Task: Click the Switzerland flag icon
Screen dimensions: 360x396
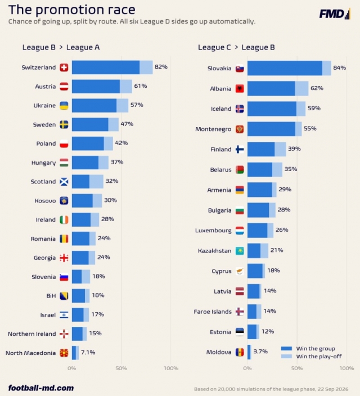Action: (x=64, y=67)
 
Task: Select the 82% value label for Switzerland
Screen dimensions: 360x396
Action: (x=161, y=67)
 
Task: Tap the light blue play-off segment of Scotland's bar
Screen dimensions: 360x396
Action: (x=96, y=181)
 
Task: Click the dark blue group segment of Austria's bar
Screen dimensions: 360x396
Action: (x=96, y=87)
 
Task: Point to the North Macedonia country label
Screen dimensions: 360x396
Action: (x=30, y=353)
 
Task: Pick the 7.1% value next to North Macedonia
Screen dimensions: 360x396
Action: (x=88, y=352)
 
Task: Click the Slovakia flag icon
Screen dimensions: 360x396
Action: (x=240, y=68)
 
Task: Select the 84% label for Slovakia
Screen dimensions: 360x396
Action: (x=340, y=67)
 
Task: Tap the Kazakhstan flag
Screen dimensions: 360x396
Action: (x=240, y=251)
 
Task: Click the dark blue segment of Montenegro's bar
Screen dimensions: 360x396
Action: (x=271, y=129)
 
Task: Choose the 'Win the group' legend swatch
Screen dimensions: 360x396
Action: (x=286, y=349)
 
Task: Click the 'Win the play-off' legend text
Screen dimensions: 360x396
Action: (x=319, y=357)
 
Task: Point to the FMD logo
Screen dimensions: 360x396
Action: (x=335, y=13)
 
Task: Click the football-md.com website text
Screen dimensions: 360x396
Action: (x=41, y=388)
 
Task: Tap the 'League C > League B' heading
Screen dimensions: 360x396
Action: (x=236, y=47)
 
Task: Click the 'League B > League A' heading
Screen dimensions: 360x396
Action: (x=61, y=47)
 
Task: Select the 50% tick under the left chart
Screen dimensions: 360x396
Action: (x=121, y=368)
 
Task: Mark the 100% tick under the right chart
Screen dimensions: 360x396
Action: (x=346, y=368)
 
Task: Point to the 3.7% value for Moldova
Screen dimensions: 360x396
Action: (x=260, y=352)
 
